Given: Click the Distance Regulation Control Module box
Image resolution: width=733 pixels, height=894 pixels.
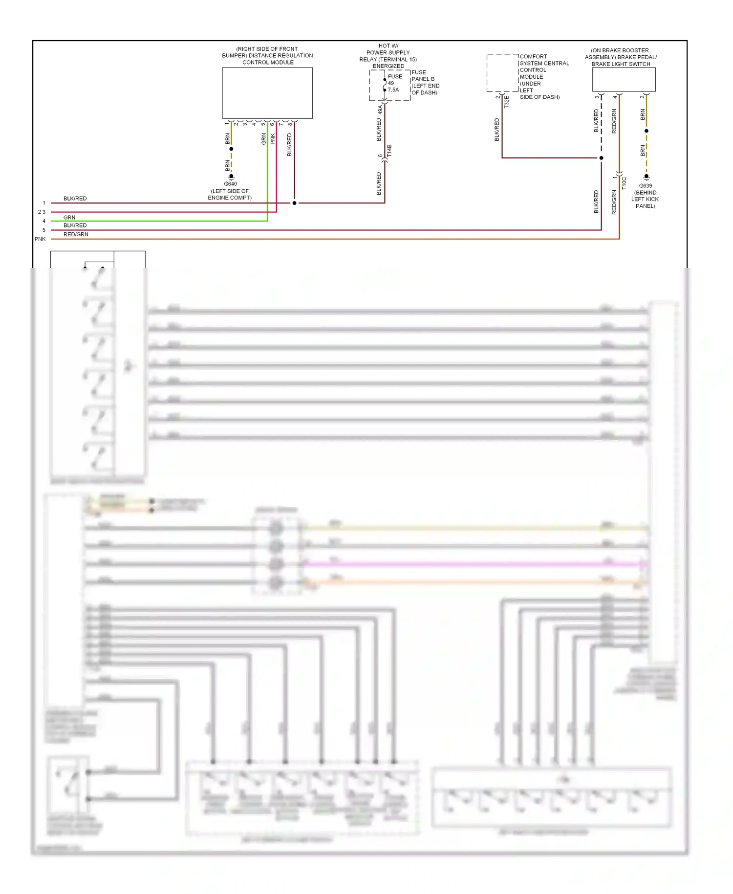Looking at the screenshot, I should (267, 93).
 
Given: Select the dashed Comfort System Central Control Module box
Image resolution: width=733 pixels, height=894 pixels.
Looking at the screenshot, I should (502, 73).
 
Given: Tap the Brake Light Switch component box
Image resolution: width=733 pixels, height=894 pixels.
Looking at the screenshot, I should (624, 79).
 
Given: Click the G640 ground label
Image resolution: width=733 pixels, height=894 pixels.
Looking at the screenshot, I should (230, 184).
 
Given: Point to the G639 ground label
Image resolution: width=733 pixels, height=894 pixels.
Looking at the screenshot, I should (646, 186).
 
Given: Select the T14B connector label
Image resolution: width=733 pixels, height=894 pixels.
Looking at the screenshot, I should (389, 151).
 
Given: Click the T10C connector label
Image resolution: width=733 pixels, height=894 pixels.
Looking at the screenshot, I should (624, 183).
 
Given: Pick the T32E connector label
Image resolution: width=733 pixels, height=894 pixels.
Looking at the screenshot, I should (507, 102).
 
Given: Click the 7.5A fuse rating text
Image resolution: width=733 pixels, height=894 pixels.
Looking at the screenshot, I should (393, 90).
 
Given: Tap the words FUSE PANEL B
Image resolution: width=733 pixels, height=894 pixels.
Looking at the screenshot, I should (423, 76).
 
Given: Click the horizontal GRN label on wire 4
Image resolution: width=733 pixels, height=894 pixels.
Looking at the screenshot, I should (69, 218).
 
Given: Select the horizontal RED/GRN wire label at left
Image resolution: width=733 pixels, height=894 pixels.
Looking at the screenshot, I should (76, 235).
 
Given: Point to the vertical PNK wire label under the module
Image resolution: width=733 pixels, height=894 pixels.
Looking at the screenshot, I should (273, 139).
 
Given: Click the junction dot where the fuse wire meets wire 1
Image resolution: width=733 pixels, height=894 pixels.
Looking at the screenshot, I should (294, 203).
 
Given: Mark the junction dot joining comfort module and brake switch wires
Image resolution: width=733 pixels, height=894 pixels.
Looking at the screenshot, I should (601, 158).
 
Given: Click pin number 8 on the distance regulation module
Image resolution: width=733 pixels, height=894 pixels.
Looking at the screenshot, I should (290, 124).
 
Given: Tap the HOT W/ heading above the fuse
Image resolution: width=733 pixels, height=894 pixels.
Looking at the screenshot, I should (388, 46).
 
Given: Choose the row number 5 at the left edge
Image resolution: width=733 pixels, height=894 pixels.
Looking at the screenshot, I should (44, 230).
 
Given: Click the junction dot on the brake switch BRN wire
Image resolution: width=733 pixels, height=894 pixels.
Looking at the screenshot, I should (646, 131).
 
